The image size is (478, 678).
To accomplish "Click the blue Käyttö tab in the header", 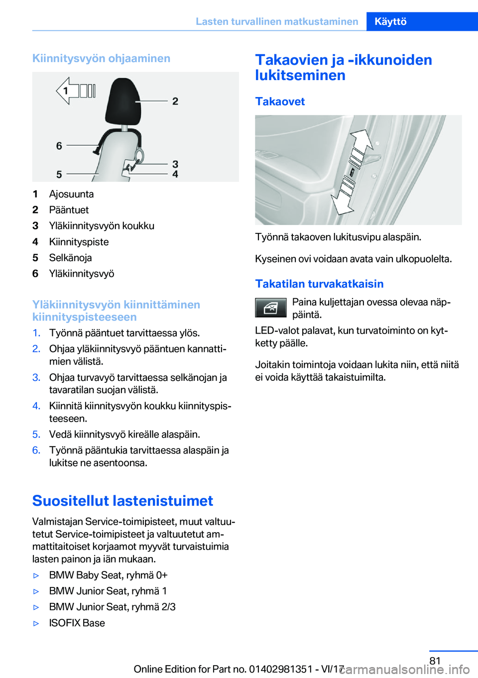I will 391,21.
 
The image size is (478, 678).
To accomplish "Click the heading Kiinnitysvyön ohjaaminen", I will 101,58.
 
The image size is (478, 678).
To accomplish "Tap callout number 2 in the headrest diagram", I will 175,101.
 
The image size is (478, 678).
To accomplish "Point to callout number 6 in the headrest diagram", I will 59,146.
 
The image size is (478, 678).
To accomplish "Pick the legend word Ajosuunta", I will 71,194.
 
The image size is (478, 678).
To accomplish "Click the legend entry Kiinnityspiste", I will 79,242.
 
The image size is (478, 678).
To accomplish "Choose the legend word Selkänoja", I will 70,258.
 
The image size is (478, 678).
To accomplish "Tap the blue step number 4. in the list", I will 36,406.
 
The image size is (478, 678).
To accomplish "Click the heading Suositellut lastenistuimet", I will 122,501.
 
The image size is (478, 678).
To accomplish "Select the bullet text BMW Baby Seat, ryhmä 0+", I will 108,575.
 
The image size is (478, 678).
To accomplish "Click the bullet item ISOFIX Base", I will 77,623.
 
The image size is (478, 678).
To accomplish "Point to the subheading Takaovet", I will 280,102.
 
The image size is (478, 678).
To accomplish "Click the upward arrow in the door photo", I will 361,145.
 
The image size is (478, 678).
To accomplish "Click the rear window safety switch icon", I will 271,308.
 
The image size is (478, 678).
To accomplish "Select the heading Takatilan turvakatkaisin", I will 319,284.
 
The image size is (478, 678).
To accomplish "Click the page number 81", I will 435,661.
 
